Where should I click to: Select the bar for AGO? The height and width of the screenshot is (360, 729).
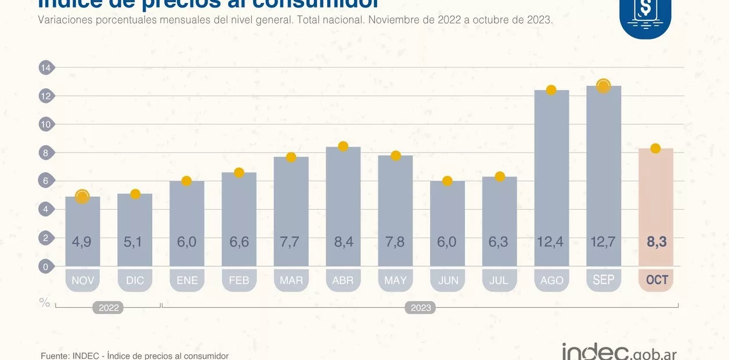tap(551, 174)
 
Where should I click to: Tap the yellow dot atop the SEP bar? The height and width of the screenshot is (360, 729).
tap(604, 86)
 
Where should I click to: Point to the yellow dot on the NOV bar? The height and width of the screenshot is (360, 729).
tap(82, 197)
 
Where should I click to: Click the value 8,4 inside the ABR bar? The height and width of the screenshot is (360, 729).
tap(343, 242)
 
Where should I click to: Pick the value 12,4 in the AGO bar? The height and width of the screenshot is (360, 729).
tap(551, 242)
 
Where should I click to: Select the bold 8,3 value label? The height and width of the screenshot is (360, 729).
tap(656, 242)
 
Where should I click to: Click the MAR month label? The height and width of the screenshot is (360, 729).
tap(291, 280)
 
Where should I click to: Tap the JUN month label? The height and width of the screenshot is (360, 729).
tap(447, 280)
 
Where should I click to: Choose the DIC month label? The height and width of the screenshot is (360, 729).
tap(135, 280)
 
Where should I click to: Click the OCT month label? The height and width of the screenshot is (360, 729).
tap(656, 280)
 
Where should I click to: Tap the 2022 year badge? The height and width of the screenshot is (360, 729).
tap(109, 308)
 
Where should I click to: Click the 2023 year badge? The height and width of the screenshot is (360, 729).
tap(421, 308)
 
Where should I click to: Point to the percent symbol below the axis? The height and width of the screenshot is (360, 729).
tap(45, 303)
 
